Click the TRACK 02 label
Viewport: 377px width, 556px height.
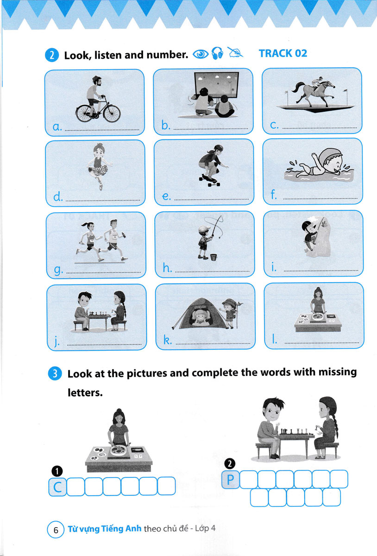(x=283, y=53)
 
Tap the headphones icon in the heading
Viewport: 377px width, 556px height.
(x=217, y=53)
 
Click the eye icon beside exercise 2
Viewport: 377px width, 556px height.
(x=201, y=54)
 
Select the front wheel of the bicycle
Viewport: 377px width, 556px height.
(x=112, y=114)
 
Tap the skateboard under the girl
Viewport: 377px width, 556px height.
(x=210, y=180)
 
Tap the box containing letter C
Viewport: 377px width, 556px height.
(x=57, y=487)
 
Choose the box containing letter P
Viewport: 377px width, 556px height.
(x=231, y=480)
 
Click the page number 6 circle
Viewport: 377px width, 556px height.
(x=56, y=530)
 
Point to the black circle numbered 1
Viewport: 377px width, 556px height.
(x=57, y=471)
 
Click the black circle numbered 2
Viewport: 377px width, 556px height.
(x=230, y=464)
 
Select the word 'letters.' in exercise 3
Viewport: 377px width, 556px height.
(x=85, y=393)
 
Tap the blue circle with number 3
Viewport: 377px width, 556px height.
(x=55, y=373)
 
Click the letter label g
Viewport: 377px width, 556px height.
(x=58, y=270)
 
